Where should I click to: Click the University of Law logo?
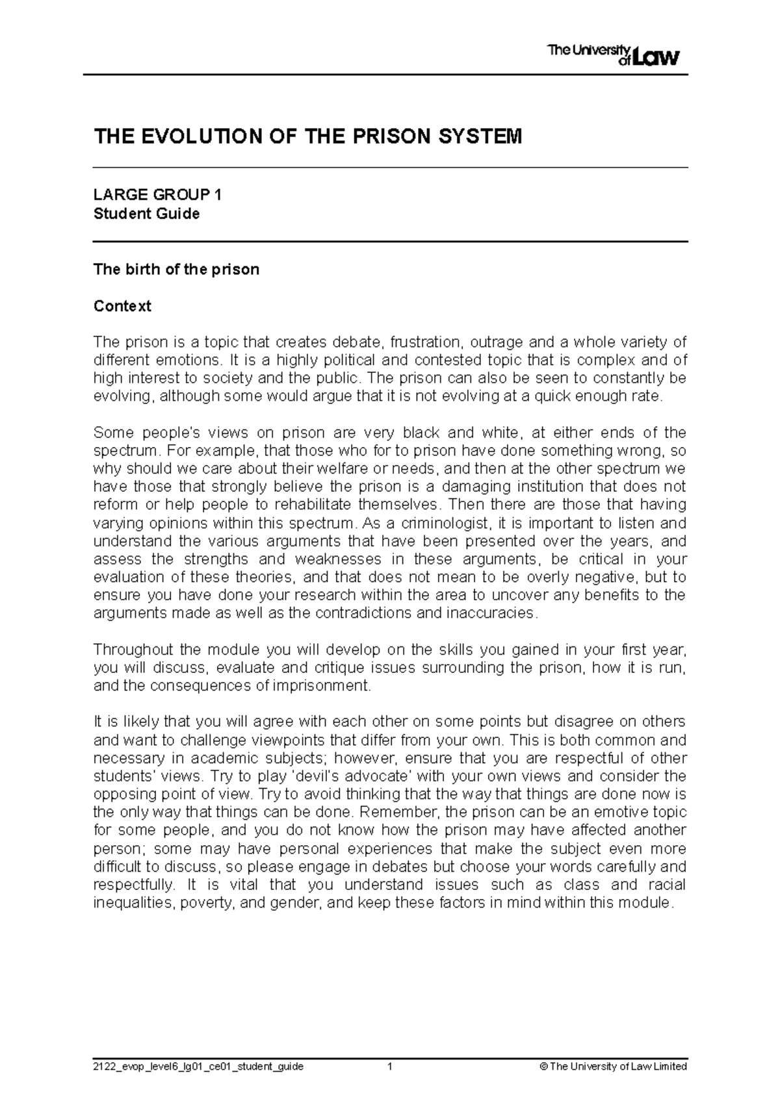pos(614,55)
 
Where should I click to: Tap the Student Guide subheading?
pos(146,214)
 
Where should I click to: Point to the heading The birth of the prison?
pos(176,269)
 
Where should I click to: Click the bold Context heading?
pos(122,306)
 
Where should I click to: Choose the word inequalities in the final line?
pos(133,902)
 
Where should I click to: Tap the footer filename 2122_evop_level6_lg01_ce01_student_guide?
pos(198,1067)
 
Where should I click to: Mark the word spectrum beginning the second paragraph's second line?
pos(125,451)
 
